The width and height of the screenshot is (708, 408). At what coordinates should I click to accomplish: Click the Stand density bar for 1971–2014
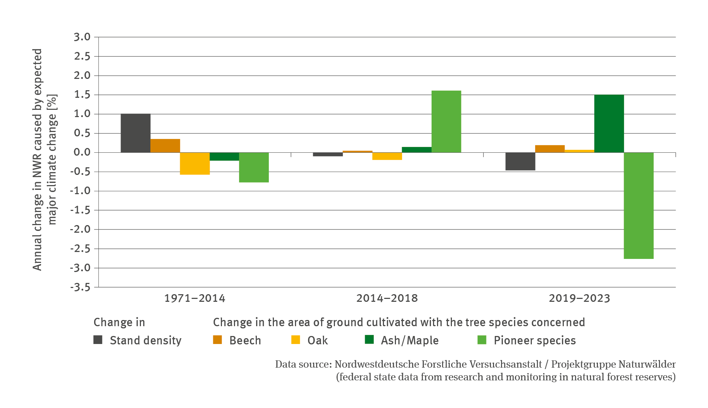coord(135,133)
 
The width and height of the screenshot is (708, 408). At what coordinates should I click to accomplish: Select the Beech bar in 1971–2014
coord(165,146)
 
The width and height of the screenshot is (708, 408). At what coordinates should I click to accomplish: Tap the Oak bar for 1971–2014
coord(195,163)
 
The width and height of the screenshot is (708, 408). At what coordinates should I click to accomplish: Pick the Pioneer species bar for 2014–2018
coord(446,121)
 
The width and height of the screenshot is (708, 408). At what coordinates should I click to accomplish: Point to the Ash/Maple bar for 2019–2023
coord(609,124)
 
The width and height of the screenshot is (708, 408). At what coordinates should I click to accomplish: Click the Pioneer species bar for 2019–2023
coord(638,205)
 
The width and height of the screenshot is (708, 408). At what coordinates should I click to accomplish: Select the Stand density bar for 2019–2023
coord(520,161)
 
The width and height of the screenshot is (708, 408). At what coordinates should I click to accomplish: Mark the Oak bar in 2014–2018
coord(387,156)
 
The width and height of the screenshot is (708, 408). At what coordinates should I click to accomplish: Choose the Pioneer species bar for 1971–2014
coord(254,167)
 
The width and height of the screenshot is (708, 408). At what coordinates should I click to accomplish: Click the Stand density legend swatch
coord(98,340)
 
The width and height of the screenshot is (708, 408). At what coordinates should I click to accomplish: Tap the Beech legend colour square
coord(217,340)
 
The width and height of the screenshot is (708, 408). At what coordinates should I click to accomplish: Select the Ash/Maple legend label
coord(409,340)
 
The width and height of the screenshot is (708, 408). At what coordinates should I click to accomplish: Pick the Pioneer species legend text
coord(534,340)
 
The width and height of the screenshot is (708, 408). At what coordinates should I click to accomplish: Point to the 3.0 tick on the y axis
coord(82,37)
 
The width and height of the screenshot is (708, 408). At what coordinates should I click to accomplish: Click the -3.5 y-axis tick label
coord(80,287)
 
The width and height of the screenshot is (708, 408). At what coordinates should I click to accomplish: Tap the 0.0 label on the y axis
coord(82,152)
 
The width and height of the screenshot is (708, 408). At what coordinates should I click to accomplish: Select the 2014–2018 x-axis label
coord(387,299)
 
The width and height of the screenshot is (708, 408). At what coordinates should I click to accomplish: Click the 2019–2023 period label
coord(579,299)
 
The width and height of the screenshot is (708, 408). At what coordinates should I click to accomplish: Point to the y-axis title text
coord(44,160)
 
